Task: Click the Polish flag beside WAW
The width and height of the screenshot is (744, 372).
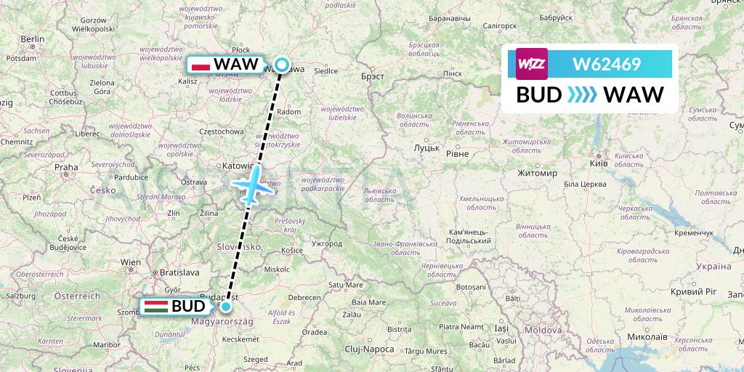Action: (200, 65)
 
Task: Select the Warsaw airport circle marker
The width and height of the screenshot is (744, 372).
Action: (281, 65)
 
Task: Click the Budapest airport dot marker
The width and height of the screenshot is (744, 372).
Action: (226, 307)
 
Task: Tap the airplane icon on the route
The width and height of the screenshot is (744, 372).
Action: (251, 185)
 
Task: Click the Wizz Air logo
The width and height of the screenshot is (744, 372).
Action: (531, 63)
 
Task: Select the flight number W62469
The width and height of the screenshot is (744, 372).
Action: (607, 64)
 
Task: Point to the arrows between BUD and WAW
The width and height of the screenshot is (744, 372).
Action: (581, 95)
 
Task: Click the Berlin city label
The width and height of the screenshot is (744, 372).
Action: (33, 39)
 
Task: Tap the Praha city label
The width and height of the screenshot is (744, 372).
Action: (65, 166)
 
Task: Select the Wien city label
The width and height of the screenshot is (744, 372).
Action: (131, 262)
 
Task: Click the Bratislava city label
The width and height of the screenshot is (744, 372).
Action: (179, 272)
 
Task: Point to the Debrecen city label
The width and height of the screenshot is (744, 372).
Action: (304, 297)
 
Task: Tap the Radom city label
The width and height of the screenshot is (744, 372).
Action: (289, 112)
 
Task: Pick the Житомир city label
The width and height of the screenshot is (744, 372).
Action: (537, 174)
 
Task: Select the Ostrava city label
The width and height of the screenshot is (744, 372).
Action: (194, 181)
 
